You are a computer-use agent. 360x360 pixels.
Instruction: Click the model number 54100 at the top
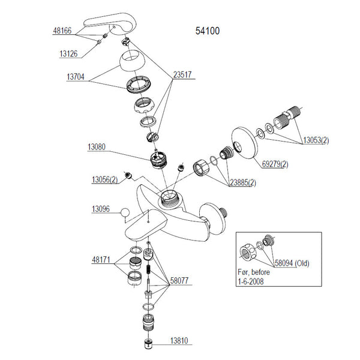click(209, 31)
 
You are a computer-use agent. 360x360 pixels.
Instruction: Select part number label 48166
click(62, 30)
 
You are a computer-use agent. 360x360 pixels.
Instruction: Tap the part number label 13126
click(70, 53)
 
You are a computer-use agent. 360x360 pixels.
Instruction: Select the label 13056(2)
click(104, 179)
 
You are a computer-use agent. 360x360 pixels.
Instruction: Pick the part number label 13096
click(101, 209)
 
